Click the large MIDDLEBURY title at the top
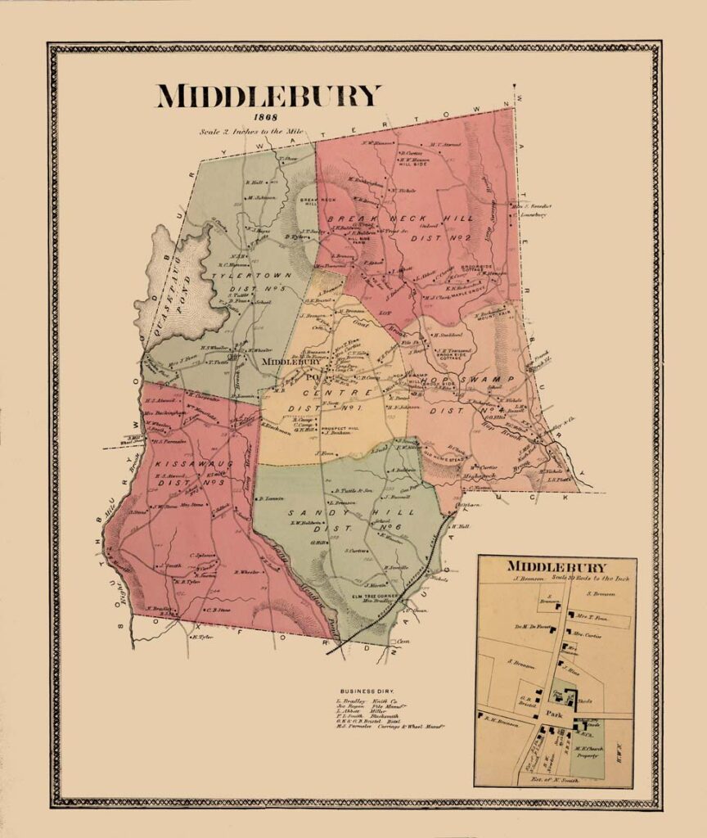[268, 97]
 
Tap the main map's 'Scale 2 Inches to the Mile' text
[254, 131]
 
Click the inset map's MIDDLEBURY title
[556, 566]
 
